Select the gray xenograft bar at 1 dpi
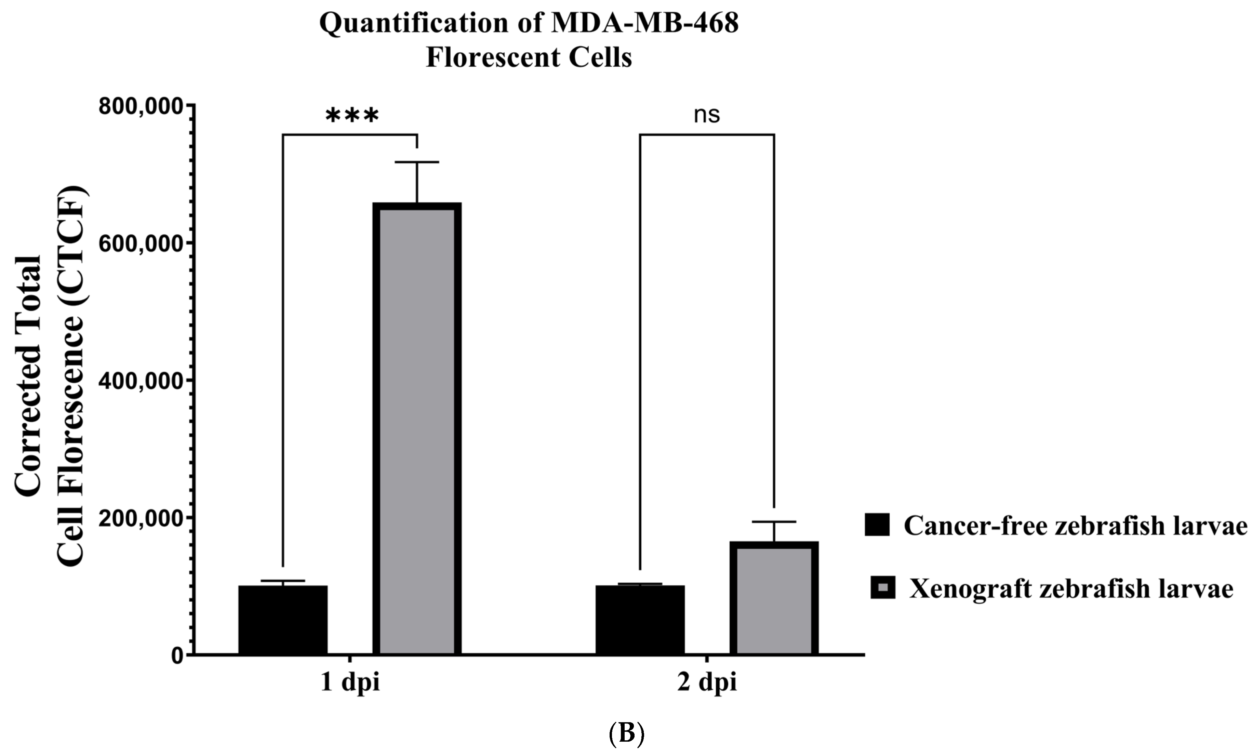tap(417, 429)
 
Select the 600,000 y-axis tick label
tap(141, 244)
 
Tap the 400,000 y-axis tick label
tap(141, 381)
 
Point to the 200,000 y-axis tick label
tap(141, 518)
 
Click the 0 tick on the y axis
tap(177, 656)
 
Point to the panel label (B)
tap(626, 734)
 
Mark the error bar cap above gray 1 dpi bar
tap(417, 162)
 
